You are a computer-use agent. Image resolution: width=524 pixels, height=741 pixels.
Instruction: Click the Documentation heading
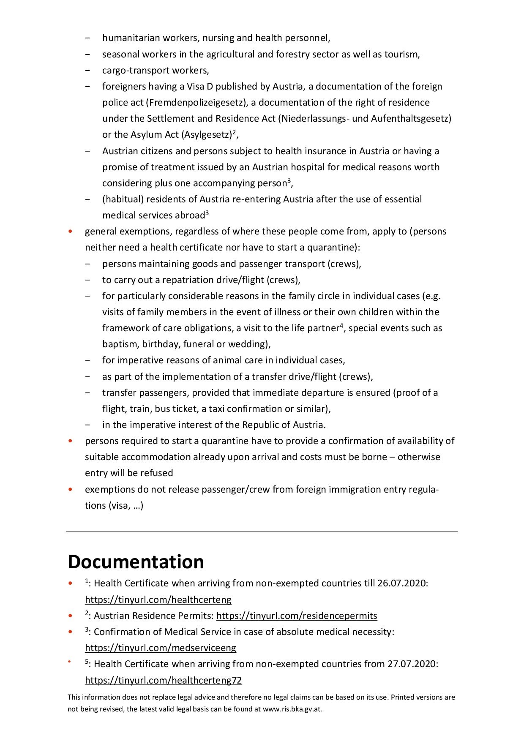pos(136,562)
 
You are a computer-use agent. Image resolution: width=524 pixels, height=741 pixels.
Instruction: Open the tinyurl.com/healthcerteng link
pos(158,599)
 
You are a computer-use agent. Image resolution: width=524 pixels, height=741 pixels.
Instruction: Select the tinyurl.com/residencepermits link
pos(297,616)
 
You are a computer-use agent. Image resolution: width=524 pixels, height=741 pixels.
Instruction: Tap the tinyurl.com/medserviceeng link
pos(161,648)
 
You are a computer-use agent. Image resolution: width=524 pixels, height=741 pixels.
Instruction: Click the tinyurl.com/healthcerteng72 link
pos(163,680)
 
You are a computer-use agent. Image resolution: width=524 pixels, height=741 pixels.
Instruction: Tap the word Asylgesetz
pos(207,135)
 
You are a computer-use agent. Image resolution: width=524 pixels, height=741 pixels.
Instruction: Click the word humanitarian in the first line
pos(129,38)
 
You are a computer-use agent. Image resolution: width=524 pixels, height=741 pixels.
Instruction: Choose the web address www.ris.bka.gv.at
pos(292,709)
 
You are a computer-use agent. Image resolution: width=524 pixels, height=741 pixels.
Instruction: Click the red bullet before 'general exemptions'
pos(71,232)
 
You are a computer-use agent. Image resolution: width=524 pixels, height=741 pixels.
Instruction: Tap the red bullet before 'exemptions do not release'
pos(71,490)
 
